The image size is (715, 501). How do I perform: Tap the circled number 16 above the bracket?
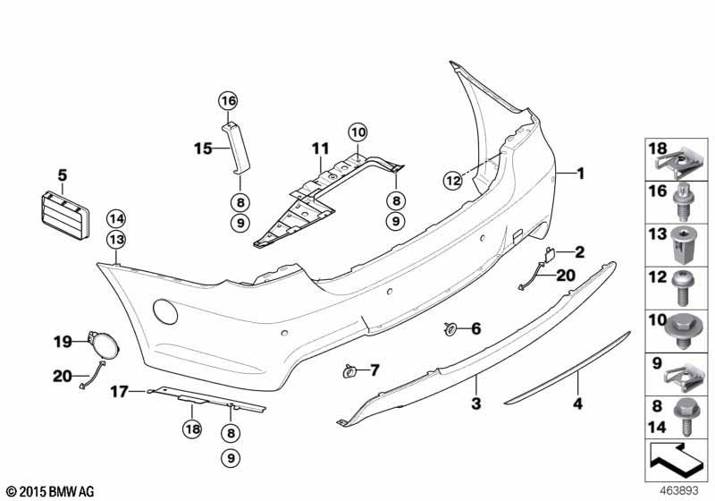pos(227,99)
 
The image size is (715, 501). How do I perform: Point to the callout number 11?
pos(320,148)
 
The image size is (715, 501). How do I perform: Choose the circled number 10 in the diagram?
pos(357,132)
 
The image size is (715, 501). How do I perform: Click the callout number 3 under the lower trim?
pos(476,403)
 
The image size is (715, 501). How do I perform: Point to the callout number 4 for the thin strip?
pos(577,403)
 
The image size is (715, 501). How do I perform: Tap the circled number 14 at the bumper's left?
pos(116,217)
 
